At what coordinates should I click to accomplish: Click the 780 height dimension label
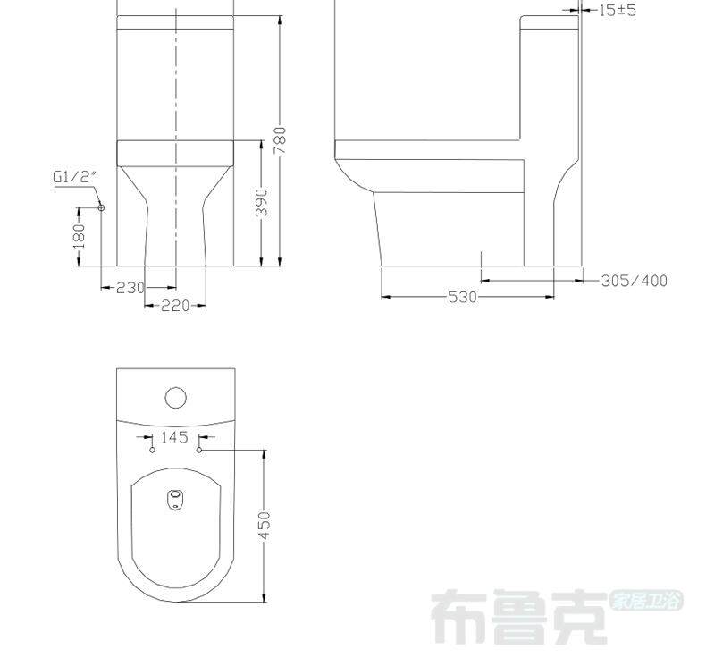coord(280,140)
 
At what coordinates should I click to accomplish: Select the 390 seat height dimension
coord(262,202)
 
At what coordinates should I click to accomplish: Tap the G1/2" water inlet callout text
coord(75,176)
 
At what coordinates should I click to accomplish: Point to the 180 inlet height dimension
coord(79,236)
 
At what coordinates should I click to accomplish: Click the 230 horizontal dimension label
coord(130,287)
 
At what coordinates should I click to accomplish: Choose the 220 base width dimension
coord(175,306)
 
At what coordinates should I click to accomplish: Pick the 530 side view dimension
coord(462,297)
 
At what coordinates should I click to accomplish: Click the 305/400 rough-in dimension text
coord(635,281)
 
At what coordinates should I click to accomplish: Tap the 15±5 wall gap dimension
coord(618,10)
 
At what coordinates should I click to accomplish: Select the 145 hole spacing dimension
coord(174,437)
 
